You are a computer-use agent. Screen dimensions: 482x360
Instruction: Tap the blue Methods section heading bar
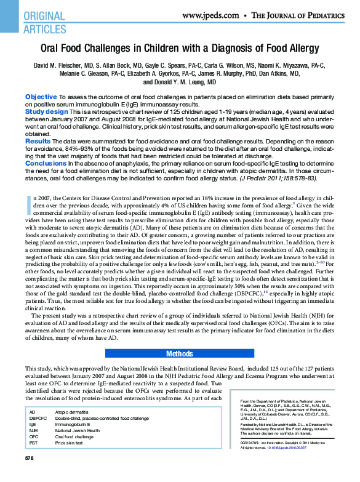180,354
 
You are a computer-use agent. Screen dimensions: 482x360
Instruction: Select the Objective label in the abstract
41,97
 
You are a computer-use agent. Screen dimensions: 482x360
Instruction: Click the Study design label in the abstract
46,111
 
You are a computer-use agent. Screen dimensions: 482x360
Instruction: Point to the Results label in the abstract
38,141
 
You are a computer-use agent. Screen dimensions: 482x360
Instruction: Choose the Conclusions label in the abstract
45,163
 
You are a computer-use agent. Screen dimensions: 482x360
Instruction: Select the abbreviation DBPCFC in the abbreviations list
39,418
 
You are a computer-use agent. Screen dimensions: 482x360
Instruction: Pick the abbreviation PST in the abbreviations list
33,443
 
